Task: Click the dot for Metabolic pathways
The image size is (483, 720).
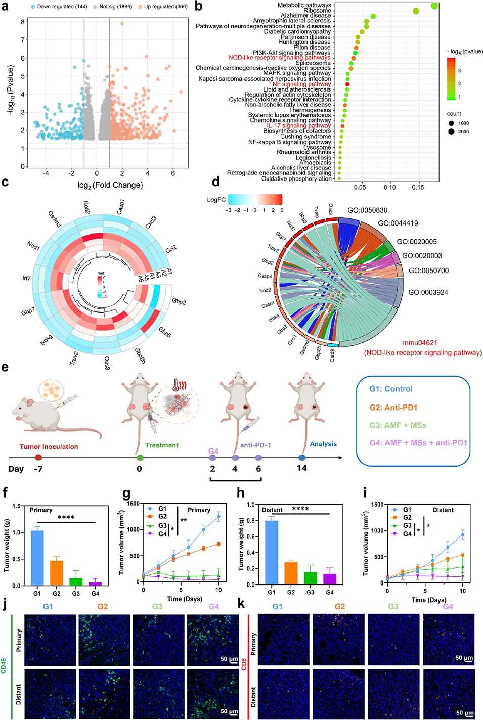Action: (434, 6)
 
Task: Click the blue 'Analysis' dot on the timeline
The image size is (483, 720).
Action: (302, 457)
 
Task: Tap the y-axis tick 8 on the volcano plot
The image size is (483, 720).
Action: (23, 22)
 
